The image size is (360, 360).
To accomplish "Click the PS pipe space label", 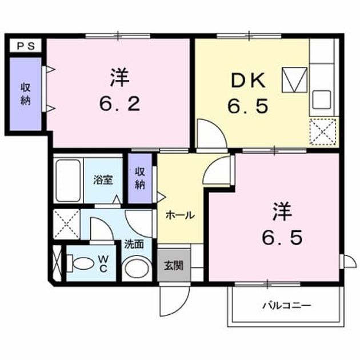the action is pos(26,46).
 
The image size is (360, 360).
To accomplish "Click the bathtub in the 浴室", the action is pos(68,181).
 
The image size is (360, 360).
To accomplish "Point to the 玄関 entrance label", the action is pos(174,266).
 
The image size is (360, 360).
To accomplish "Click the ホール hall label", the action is pos(180,215).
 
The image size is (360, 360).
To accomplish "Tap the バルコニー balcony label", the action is pos(287,306).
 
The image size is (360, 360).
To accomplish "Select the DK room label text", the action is pos(248,81).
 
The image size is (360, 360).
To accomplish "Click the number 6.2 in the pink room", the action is pos(119,103).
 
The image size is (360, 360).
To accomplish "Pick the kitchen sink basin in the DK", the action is pos(322,99).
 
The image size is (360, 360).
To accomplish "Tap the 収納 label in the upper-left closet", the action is pos(26,94).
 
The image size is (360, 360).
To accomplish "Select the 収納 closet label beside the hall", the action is pos(140,178).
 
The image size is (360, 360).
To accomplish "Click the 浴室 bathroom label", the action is pos(103,180).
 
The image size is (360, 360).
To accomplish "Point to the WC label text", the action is pos(103,263).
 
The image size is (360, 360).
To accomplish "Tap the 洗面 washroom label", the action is pos(134,245).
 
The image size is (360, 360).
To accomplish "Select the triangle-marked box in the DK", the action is pos(294,80).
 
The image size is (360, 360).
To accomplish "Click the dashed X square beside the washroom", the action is pos(66,224).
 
